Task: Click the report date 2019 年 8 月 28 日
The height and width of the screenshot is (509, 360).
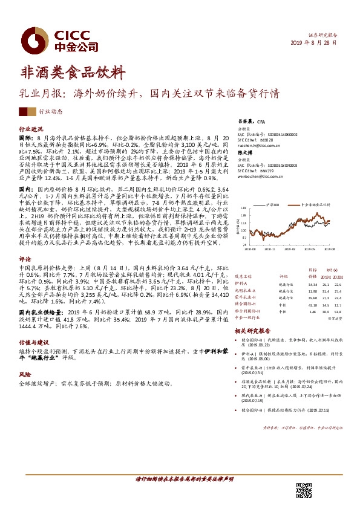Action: coord(319,45)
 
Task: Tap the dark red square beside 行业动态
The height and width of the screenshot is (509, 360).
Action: coord(24,111)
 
